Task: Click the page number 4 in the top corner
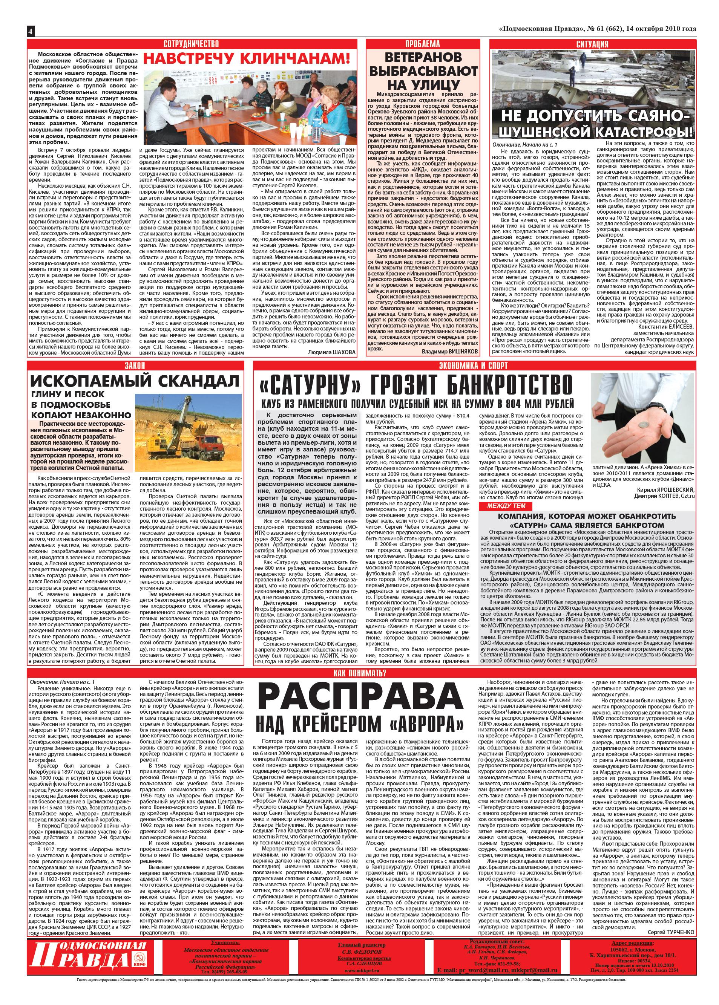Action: point(30,31)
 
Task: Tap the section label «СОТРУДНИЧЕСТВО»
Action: point(191,43)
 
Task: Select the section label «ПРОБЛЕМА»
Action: point(422,43)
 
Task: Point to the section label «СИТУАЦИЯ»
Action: point(592,43)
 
